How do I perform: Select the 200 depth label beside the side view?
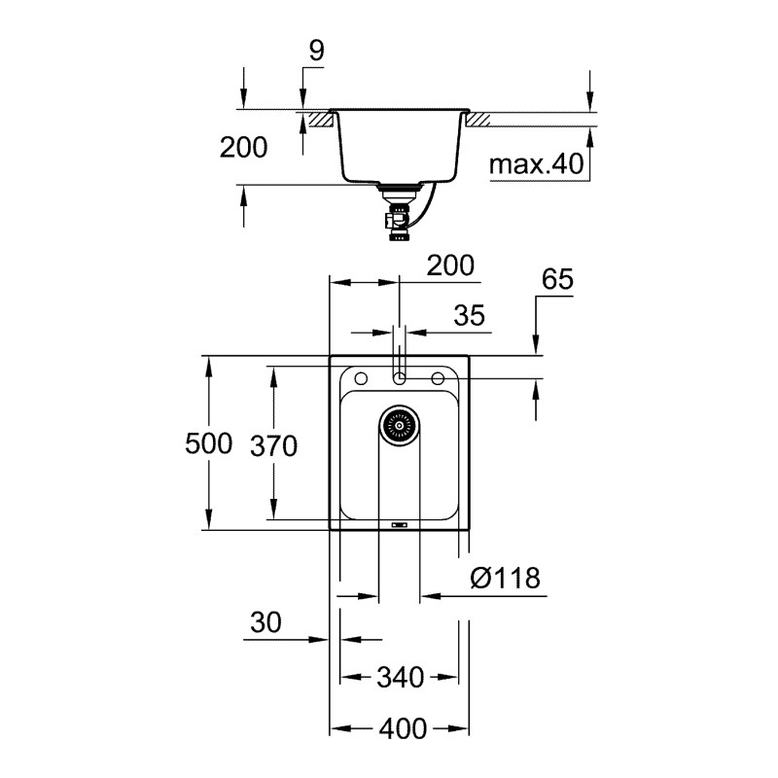tap(243, 148)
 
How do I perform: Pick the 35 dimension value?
tap(468, 316)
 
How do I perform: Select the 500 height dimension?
tap(209, 443)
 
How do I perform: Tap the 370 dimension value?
tap(272, 445)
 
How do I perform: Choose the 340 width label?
tap(400, 677)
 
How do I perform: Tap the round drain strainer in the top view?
tap(398, 426)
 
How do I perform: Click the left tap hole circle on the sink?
tap(359, 377)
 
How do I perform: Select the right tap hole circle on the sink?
tap(438, 377)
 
